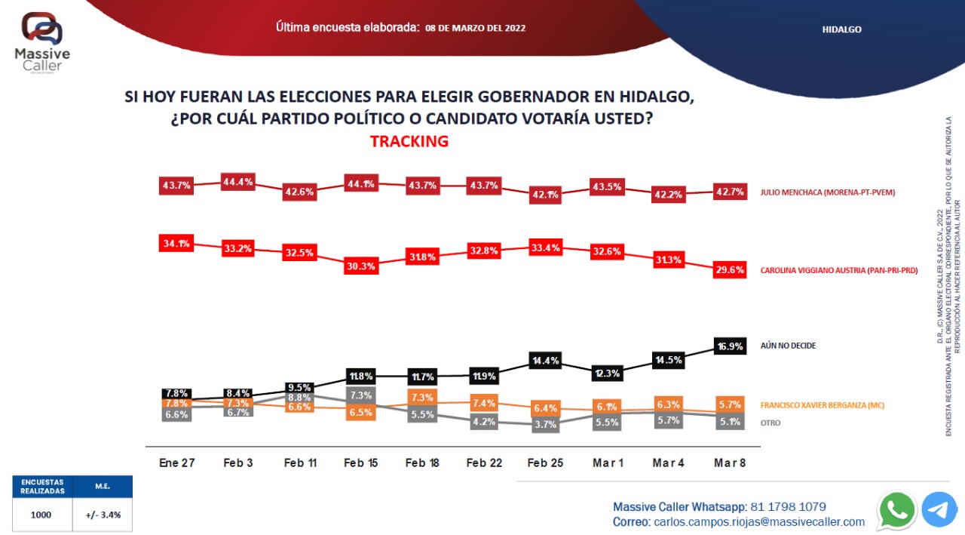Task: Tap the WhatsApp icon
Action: [897, 510]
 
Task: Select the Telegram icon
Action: [939, 510]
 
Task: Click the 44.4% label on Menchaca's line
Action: [238, 182]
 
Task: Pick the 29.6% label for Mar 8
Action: [730, 269]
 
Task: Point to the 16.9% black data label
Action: [730, 347]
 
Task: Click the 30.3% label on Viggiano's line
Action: [361, 266]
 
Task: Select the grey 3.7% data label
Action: [545, 425]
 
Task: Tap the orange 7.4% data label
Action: [483, 403]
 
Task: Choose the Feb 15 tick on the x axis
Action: [361, 463]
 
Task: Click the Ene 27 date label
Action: [177, 463]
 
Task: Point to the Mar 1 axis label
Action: [607, 463]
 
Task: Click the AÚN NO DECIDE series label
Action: [788, 346]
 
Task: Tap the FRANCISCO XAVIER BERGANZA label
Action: [832, 405]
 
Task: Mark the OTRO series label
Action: [770, 423]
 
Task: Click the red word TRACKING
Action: [409, 141]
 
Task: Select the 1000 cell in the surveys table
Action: [42, 515]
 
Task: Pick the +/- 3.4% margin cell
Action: [103, 515]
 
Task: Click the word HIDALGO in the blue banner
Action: [841, 29]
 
